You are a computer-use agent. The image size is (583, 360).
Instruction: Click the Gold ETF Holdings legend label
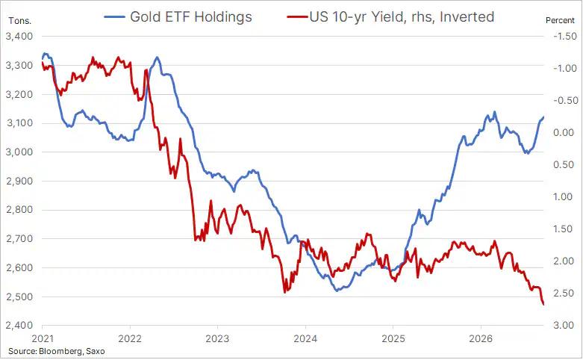point(191,16)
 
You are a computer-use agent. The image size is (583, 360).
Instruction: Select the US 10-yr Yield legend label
point(402,16)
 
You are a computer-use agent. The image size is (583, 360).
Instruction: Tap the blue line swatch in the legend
point(114,17)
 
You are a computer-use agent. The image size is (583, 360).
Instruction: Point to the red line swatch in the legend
point(298,17)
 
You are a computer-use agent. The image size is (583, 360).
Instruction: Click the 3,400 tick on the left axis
point(19,37)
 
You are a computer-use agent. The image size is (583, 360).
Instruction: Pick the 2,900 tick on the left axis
point(19,181)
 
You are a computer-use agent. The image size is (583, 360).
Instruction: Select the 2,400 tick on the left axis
point(19,326)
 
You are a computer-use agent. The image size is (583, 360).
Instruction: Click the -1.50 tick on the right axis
point(565,36)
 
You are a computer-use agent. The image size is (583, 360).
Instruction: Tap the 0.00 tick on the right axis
point(564,132)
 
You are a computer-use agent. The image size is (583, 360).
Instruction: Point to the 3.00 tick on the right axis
point(564,325)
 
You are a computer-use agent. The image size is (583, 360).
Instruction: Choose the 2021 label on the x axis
point(43,338)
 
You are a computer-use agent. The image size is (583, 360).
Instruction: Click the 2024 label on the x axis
point(305,338)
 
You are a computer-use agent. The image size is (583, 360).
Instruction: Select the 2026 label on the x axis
point(481,338)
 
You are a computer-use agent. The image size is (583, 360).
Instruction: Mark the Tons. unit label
point(19,21)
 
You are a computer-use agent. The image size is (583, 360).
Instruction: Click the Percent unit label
point(560,20)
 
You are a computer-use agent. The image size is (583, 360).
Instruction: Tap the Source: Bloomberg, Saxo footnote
point(57,351)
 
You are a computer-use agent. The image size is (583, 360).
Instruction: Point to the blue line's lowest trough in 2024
point(337,291)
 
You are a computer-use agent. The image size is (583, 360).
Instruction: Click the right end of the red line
point(543,305)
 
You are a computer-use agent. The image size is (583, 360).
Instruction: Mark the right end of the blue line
point(543,117)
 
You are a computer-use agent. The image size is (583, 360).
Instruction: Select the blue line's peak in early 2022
point(157,58)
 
